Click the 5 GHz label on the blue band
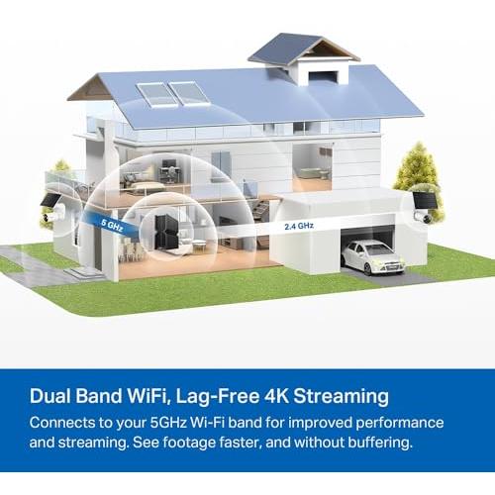(112, 226)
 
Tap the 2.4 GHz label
(299, 226)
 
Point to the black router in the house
(166, 232)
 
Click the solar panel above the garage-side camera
(425, 200)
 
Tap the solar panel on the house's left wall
(50, 201)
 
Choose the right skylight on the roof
(189, 93)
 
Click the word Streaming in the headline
(341, 396)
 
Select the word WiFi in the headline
(148, 395)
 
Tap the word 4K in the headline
(276, 395)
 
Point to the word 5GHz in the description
(168, 423)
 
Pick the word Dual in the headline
(49, 395)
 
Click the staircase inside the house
(259, 204)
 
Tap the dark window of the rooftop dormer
(324, 76)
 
